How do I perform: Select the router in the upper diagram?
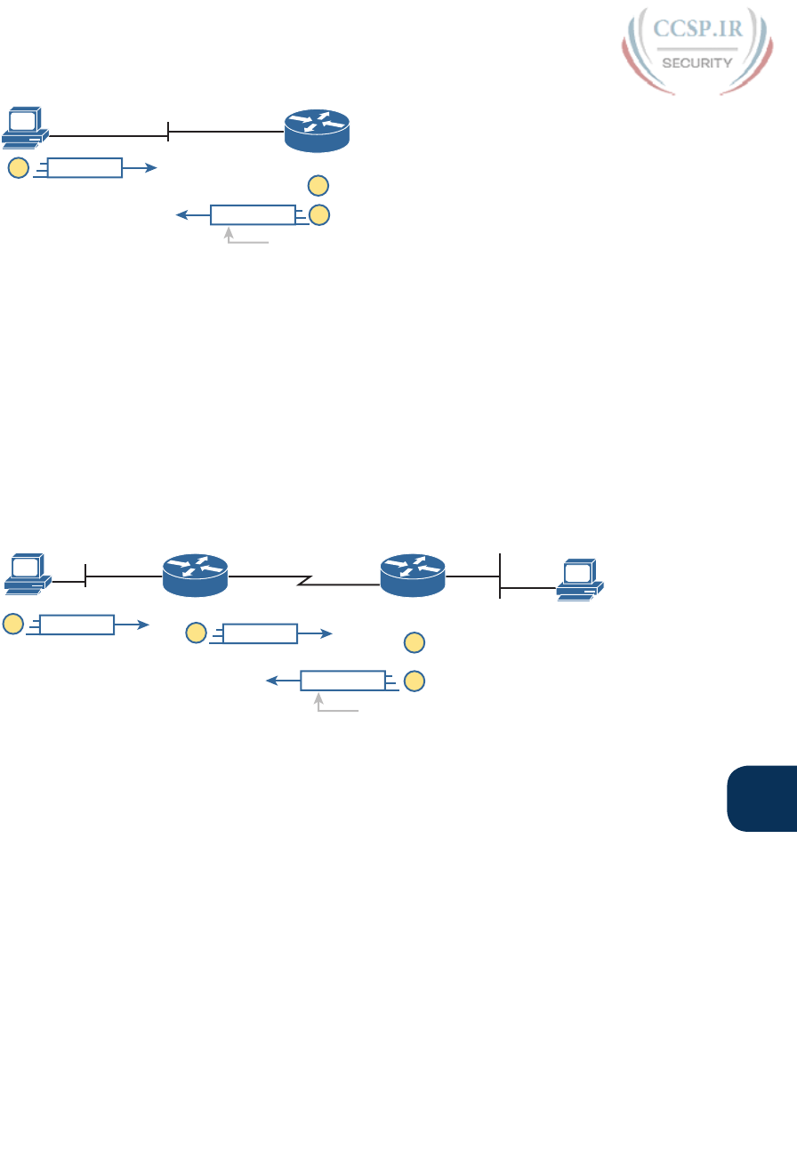[317, 130]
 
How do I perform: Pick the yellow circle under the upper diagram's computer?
[18, 167]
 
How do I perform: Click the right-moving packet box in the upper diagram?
[85, 167]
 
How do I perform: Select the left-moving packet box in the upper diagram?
[253, 214]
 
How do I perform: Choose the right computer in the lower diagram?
[580, 580]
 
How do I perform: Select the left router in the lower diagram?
[196, 575]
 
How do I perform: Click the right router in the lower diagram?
[412, 575]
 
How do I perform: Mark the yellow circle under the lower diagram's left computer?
[13, 625]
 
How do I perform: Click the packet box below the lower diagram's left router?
[260, 633]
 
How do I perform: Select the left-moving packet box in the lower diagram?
[343, 681]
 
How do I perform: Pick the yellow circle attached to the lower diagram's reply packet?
[414, 681]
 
